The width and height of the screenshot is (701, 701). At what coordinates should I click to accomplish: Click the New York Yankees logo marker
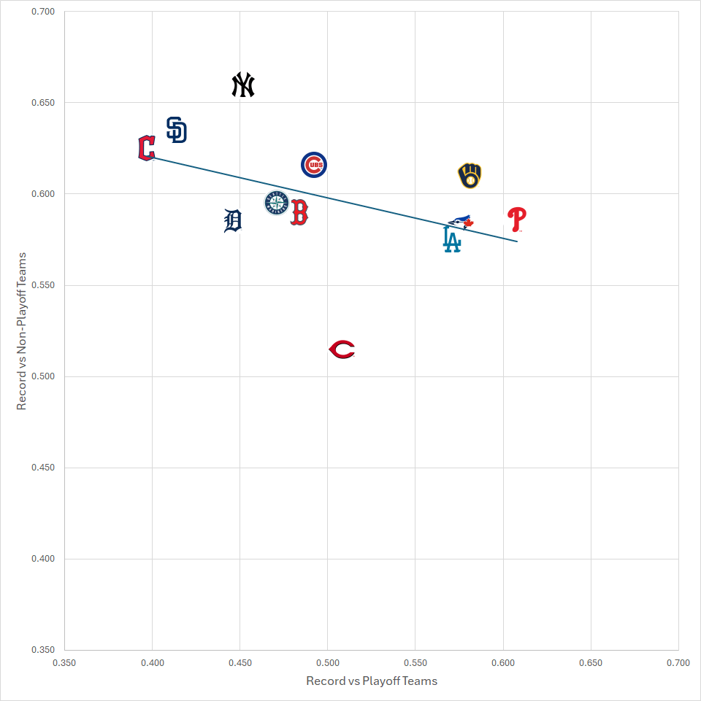242,85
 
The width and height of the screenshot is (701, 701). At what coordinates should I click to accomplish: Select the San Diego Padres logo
177,130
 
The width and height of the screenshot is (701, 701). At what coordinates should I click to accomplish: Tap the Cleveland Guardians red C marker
146,148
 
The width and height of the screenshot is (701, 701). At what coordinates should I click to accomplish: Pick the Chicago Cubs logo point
314,165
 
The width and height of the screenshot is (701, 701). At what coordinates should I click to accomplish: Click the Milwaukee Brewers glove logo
470,176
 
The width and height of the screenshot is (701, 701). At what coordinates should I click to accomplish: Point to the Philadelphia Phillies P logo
517,219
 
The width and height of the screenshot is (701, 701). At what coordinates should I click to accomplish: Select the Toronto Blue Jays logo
461,221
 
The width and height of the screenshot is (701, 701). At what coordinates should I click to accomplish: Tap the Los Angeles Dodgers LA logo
452,239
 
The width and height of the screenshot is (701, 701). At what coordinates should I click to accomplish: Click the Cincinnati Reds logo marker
342,350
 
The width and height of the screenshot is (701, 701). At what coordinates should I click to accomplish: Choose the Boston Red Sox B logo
299,212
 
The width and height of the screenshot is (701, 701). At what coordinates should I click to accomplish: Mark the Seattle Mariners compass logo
276,203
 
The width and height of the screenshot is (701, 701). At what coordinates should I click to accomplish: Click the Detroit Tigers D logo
232,220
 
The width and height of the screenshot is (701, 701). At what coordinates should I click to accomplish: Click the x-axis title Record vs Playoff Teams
372,681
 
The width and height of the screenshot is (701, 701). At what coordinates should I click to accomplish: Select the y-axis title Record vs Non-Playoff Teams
22,331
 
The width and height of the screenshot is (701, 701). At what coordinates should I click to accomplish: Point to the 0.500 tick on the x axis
327,663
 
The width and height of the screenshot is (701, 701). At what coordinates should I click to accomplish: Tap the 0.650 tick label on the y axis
44,103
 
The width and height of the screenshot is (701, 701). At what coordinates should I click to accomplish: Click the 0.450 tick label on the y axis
44,468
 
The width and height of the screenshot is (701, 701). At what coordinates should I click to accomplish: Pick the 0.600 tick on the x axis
502,663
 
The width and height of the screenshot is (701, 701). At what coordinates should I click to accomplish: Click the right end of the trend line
517,241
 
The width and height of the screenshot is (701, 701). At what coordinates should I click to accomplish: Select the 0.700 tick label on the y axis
44,12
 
